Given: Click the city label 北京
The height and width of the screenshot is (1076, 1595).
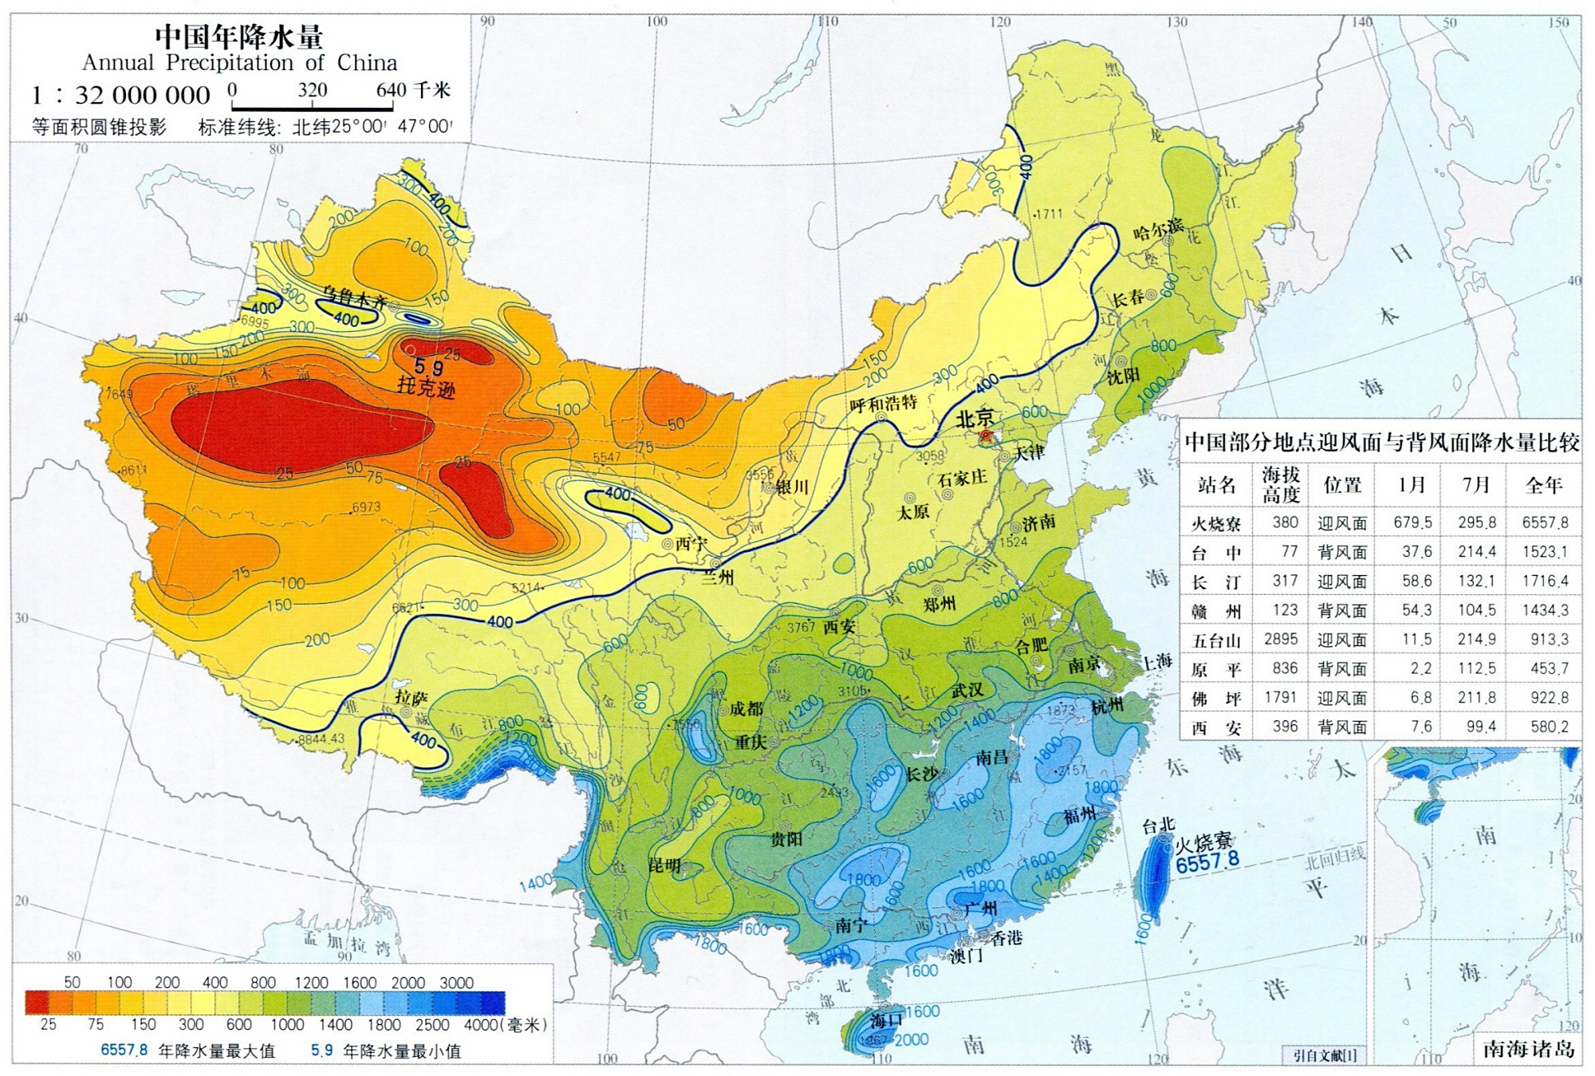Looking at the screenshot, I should pyautogui.click(x=975, y=417).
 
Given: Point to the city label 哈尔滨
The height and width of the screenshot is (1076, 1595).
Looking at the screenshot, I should pyautogui.click(x=1158, y=229).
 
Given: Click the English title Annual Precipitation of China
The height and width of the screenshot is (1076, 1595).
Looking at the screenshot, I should pyautogui.click(x=239, y=62).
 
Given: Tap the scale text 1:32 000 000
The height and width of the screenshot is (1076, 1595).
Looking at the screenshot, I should pyautogui.click(x=120, y=96).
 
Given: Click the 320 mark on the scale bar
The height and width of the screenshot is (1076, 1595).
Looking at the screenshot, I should pyautogui.click(x=312, y=90).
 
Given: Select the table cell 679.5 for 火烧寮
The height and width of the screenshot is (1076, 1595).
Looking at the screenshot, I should pyautogui.click(x=1412, y=523).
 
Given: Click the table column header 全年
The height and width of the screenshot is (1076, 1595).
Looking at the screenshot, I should pyautogui.click(x=1543, y=485).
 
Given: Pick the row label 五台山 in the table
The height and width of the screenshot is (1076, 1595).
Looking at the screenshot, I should pyautogui.click(x=1215, y=640).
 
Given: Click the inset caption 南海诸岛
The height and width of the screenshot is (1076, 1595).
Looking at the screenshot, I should pyautogui.click(x=1529, y=1049).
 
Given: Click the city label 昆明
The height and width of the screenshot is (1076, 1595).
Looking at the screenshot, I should pyautogui.click(x=664, y=865).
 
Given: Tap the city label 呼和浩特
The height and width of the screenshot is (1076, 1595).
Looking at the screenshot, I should pyautogui.click(x=883, y=403).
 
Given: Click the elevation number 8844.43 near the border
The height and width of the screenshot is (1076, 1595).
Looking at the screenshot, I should pyautogui.click(x=321, y=739).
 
